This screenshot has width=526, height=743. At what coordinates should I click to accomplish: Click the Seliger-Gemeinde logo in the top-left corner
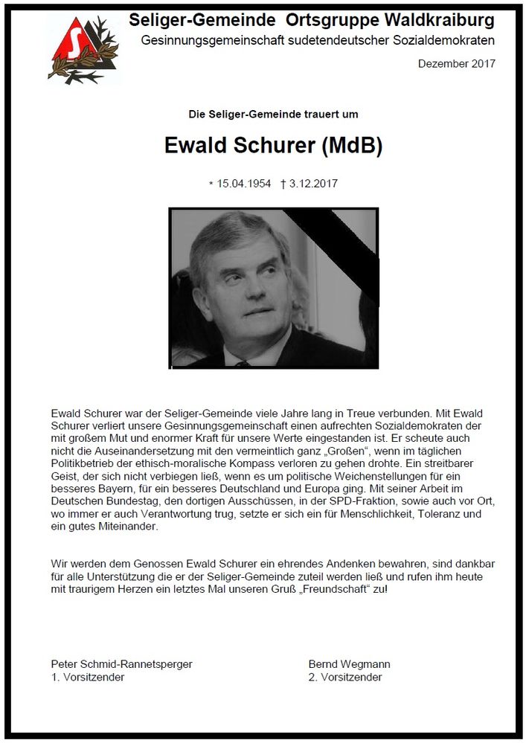coord(83,48)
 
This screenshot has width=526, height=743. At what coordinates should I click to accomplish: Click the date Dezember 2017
coord(457,64)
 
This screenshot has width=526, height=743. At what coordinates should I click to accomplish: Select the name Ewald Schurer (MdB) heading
coord(273,146)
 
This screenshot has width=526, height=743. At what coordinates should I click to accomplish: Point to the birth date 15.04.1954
coord(243,184)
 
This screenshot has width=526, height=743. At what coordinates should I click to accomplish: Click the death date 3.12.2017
coord(313,184)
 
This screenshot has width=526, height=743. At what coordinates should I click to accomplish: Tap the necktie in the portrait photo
coord(243,364)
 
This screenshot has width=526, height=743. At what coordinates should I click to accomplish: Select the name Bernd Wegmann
coord(349,664)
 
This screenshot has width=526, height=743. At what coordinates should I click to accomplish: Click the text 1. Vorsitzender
coord(87,678)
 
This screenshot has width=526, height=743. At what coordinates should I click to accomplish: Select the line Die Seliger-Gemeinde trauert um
coord(273,115)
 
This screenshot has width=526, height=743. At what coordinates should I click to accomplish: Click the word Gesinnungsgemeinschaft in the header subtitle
coord(205,39)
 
